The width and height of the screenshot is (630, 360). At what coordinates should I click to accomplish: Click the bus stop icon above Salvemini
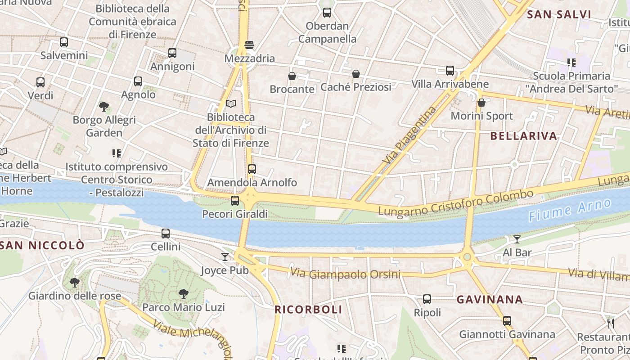click(x=64, y=42)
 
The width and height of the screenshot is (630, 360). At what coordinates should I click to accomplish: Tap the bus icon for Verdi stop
click(x=40, y=82)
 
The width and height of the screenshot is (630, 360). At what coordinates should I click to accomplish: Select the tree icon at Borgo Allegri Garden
click(x=104, y=107)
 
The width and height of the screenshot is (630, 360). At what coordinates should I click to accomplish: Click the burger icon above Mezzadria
click(x=249, y=45)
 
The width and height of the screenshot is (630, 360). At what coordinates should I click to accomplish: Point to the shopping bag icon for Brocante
click(x=292, y=76)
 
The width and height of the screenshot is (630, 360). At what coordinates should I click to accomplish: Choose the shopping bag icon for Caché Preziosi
click(x=356, y=73)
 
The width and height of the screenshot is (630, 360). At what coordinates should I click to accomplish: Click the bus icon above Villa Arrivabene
click(x=450, y=71)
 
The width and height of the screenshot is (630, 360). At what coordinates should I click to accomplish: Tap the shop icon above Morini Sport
click(x=481, y=103)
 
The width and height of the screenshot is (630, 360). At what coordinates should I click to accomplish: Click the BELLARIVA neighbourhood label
click(x=523, y=136)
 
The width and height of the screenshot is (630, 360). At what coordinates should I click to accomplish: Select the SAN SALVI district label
click(x=559, y=14)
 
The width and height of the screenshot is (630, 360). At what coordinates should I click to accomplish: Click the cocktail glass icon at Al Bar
click(x=517, y=239)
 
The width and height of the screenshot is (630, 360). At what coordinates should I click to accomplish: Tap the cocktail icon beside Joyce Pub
click(x=225, y=257)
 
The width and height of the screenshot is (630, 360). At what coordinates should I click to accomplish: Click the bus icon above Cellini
click(x=166, y=234)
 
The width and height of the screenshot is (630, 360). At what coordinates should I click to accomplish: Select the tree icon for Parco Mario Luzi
click(x=183, y=294)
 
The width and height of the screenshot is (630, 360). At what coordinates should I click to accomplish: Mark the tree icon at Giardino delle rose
click(x=75, y=283)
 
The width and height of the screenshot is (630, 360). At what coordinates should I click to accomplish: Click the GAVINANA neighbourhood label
click(x=490, y=300)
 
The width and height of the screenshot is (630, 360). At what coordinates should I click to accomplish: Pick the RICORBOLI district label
click(x=308, y=310)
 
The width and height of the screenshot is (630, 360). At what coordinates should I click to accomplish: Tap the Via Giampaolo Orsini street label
click(x=345, y=274)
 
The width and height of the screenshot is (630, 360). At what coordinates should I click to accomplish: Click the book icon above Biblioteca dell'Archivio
click(x=231, y=104)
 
